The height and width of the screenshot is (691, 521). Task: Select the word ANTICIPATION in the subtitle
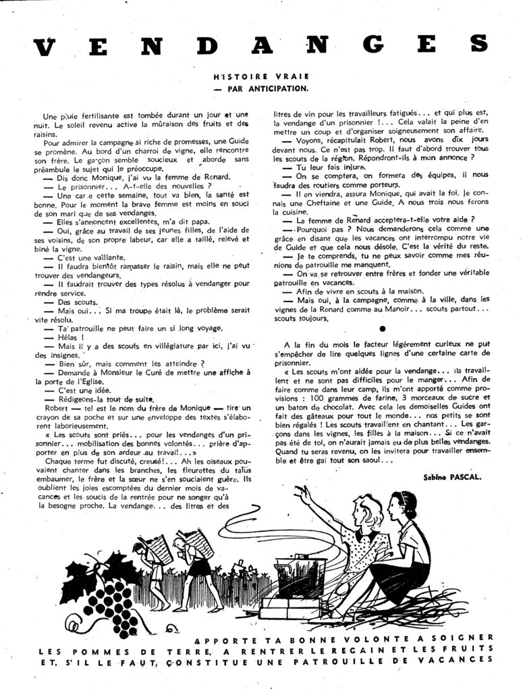point(273,88)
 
